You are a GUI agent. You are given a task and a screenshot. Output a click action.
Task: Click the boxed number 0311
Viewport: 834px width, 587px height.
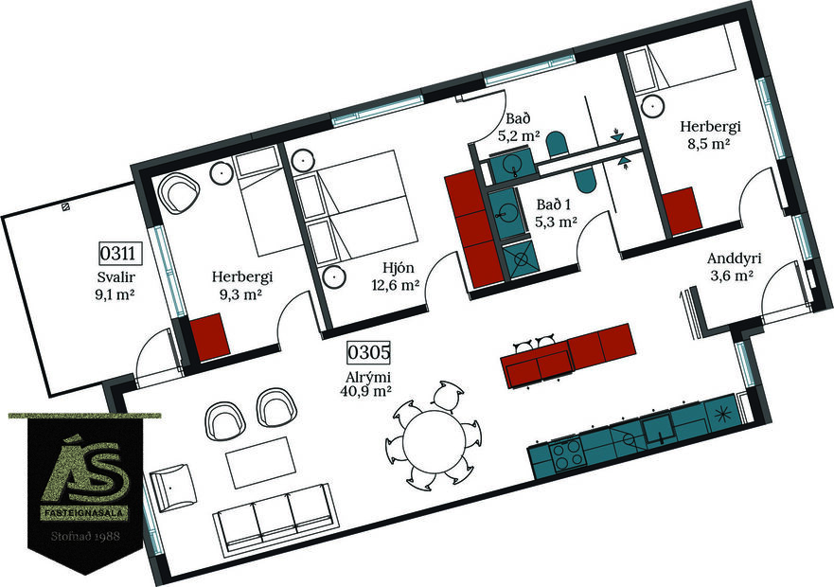pyautogui.click(x=120, y=254)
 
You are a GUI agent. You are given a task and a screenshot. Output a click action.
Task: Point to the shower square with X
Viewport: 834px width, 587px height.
pyautogui.click(x=520, y=258)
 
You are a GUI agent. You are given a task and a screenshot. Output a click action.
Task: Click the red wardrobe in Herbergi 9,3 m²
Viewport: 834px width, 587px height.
pyautogui.click(x=208, y=335)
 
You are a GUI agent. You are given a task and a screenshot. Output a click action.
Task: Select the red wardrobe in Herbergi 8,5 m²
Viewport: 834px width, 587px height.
pyautogui.click(x=681, y=212)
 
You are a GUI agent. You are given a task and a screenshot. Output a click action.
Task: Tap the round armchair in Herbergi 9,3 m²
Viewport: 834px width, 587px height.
pyautogui.click(x=178, y=194)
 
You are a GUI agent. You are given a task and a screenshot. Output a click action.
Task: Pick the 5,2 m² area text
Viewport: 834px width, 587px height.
pyautogui.click(x=519, y=136)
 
